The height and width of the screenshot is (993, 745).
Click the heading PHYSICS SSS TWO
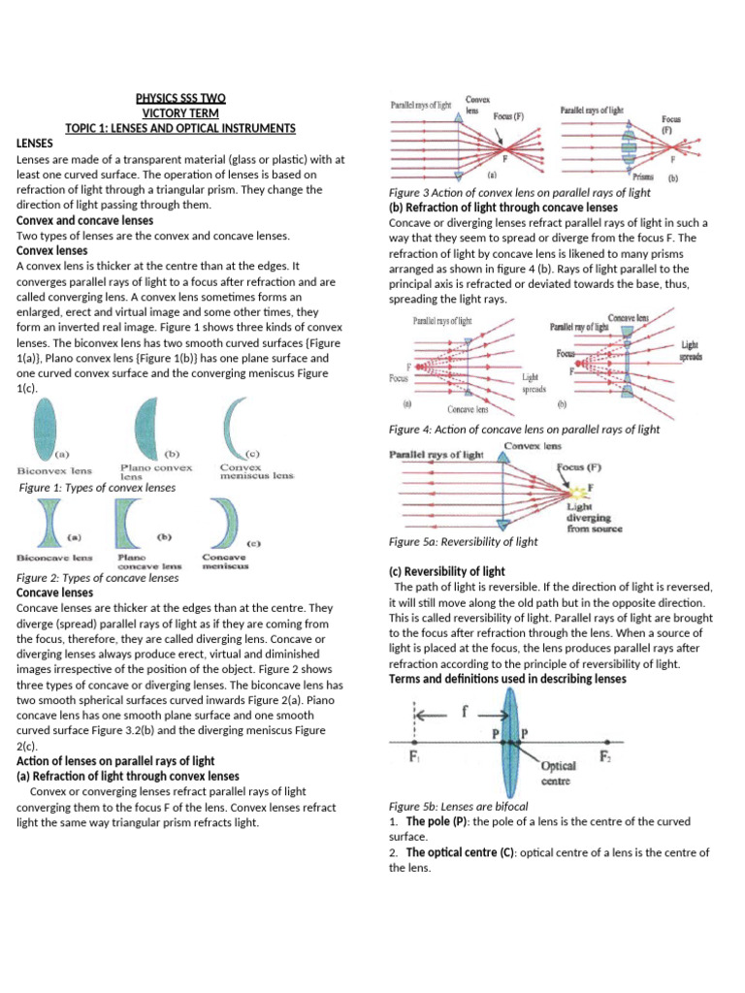pyautogui.click(x=180, y=97)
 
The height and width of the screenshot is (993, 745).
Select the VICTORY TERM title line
pyautogui.click(x=180, y=112)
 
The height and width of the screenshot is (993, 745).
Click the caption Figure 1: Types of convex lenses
pyautogui.click(x=98, y=488)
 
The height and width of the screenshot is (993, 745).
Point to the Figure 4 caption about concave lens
pyautogui.click(x=524, y=429)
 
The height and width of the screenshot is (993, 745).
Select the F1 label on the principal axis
pyautogui.click(x=414, y=756)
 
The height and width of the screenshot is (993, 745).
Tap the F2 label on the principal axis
pyautogui.click(x=605, y=756)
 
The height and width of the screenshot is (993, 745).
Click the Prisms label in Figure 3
pyautogui.click(x=642, y=176)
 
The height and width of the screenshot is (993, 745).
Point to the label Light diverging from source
pyautogui.click(x=595, y=518)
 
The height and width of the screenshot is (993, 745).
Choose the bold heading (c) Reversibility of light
pyautogui.click(x=446, y=572)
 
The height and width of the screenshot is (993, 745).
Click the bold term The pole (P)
pyautogui.click(x=437, y=821)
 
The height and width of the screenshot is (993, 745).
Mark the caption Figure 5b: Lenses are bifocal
pyautogui.click(x=458, y=806)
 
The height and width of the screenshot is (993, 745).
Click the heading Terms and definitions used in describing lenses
pyautogui.click(x=507, y=679)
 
